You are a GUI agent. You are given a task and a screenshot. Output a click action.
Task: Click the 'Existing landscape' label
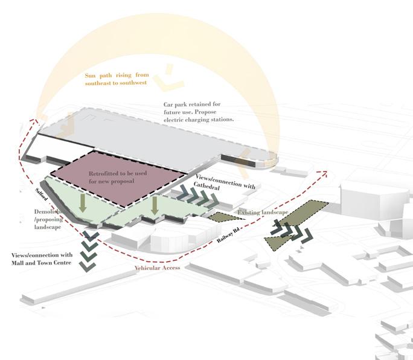pos(262,213)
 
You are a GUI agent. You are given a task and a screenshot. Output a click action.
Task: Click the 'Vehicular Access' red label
pos(157,268)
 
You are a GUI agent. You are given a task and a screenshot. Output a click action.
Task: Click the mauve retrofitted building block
pos(118,179)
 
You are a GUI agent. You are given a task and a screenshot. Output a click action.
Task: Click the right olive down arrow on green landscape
pos(155,205)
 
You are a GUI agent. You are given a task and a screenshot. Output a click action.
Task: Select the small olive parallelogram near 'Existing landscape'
pos(221,216)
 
